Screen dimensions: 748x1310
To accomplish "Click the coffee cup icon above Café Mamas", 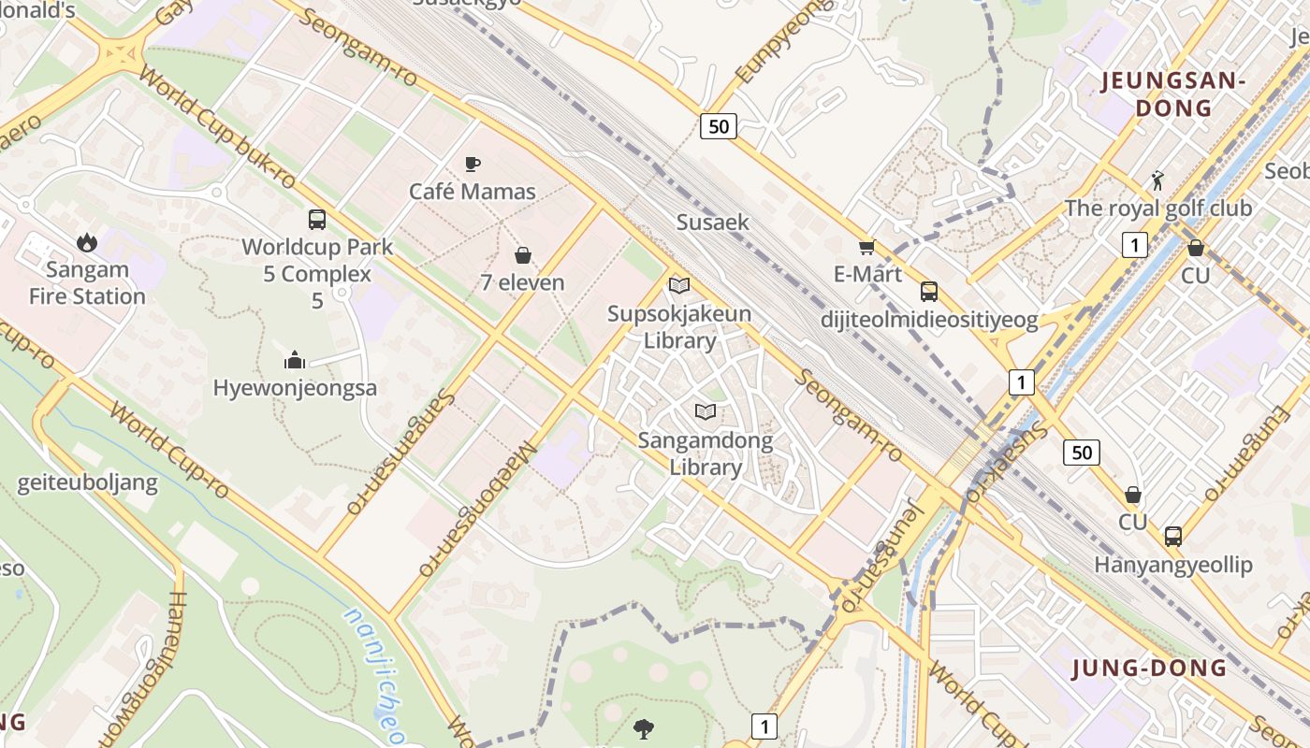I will click(x=473, y=165).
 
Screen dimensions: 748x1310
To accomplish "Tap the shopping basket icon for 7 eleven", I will click(x=523, y=255).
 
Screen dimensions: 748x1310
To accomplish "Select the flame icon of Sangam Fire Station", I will click(x=87, y=243).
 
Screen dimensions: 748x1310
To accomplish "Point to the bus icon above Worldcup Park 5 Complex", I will click(x=317, y=220).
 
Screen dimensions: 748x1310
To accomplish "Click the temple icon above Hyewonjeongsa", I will click(x=295, y=360).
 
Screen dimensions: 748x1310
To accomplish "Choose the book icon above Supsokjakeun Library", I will click(x=679, y=286).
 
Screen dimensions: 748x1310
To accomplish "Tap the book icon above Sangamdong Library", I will click(x=706, y=411).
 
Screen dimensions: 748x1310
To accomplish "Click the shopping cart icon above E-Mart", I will click(x=866, y=247).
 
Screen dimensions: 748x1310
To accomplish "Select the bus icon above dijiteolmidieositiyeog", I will click(x=929, y=292).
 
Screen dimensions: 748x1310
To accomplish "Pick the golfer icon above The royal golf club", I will click(x=1157, y=180).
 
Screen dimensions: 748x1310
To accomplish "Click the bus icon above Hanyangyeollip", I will click(x=1173, y=537).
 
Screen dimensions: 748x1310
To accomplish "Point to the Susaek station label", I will click(x=713, y=223).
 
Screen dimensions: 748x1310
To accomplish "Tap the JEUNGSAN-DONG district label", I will click(x=1173, y=93).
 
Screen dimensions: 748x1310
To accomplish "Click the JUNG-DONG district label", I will click(x=1149, y=668).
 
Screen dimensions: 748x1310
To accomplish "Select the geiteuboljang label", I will click(x=88, y=483).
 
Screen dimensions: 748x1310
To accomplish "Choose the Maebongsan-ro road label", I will click(x=477, y=506).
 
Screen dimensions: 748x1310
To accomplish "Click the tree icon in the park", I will click(x=643, y=727).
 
